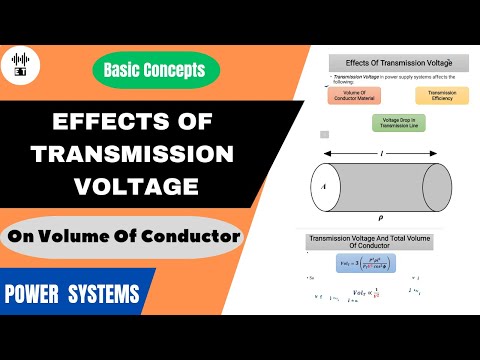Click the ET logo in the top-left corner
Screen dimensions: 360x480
point(19,62)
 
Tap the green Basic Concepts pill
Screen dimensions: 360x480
point(159,69)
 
